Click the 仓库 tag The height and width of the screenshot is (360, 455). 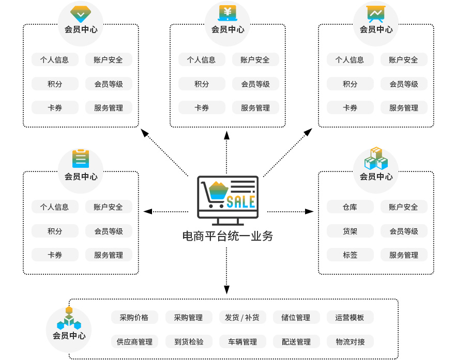350,207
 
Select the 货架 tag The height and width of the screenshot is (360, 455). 350,231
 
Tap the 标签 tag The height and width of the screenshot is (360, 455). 350,255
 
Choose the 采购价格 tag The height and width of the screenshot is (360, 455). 134,317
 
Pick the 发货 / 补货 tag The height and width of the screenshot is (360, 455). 242,317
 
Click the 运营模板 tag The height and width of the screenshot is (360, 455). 350,317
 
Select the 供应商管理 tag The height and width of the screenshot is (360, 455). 134,341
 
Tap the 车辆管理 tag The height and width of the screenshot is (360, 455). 242,341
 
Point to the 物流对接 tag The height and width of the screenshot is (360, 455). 350,341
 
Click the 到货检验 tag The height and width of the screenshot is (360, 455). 188,341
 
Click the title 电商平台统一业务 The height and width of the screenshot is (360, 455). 228,237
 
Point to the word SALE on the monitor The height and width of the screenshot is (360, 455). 241,200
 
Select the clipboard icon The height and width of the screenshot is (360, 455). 80,159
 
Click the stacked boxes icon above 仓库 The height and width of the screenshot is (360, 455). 376,159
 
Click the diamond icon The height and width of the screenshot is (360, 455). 80,13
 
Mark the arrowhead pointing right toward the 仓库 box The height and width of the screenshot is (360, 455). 309,211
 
